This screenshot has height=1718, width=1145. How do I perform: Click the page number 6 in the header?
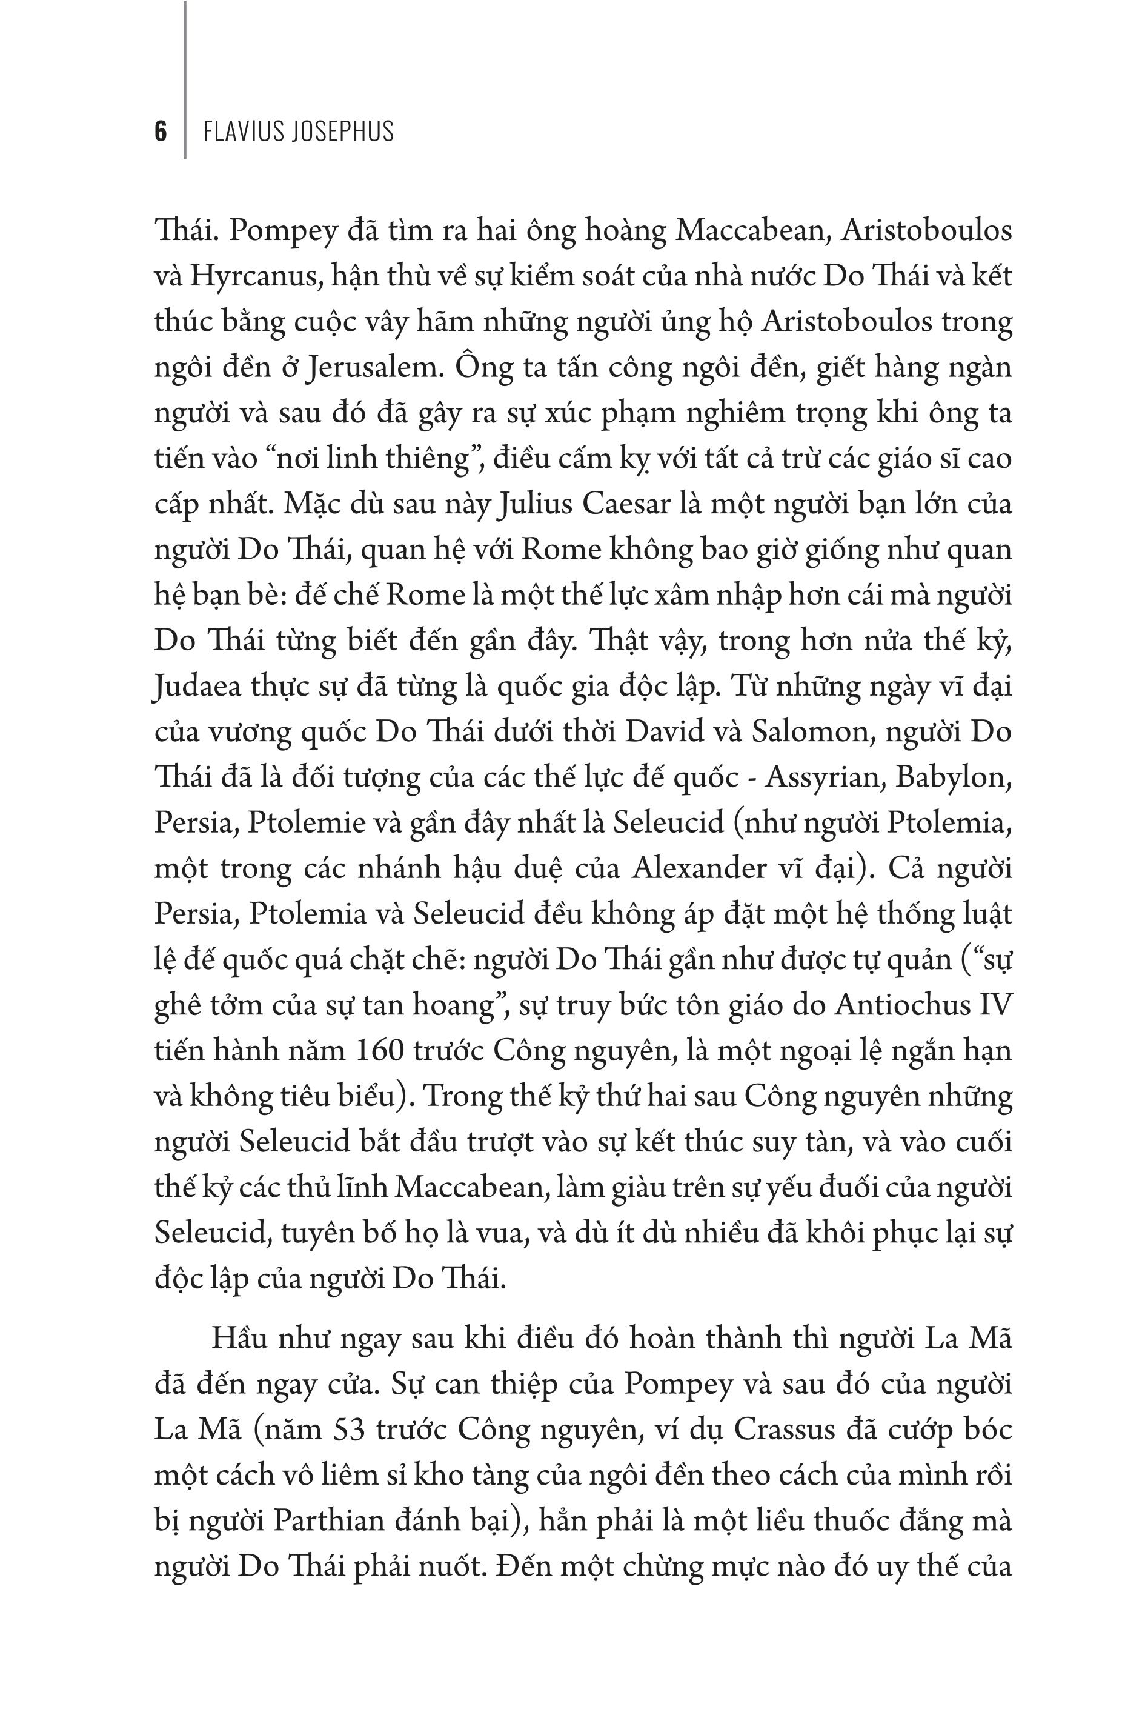pyautogui.click(x=161, y=132)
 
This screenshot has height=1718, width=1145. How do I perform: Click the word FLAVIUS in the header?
pyautogui.click(x=244, y=132)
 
